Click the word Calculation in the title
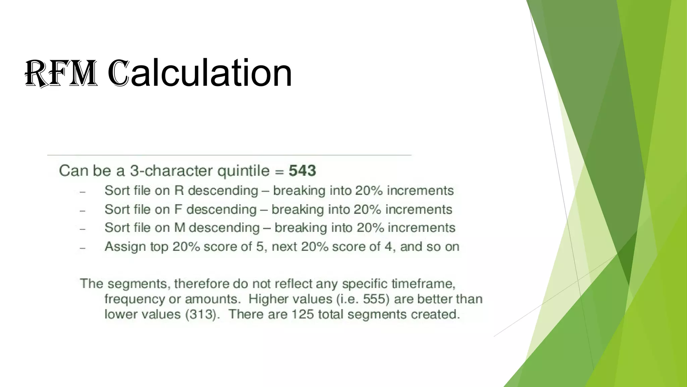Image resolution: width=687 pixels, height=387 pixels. coord(200,73)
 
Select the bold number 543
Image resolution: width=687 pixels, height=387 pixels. coord(302,171)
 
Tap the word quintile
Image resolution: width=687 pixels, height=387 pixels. coord(244,171)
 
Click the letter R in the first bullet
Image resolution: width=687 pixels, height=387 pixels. coord(179,190)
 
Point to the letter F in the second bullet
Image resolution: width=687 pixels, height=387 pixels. coord(178,209)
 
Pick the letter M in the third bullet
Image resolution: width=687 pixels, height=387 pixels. coord(180,228)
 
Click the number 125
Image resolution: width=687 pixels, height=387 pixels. coord(302,314)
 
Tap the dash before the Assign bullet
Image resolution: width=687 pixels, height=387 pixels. coord(83,248)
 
